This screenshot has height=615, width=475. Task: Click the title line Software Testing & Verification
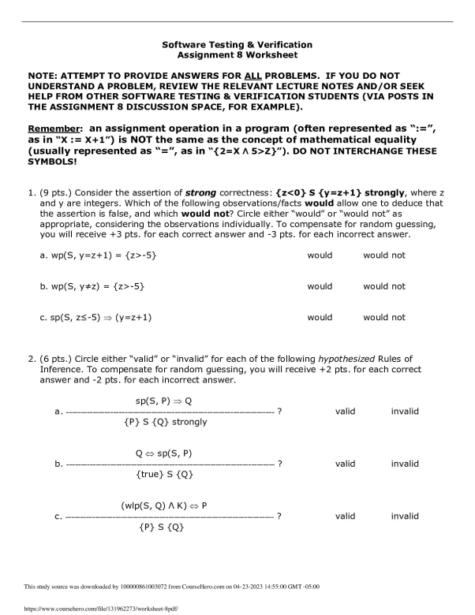point(237,45)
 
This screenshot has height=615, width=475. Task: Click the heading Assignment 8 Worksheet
point(237,56)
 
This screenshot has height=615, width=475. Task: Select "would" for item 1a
point(320,255)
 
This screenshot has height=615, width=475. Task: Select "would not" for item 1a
point(383,255)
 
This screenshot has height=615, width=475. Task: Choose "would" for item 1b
point(320,286)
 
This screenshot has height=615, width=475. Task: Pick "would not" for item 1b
point(383,286)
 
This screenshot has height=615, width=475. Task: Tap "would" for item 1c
point(320,318)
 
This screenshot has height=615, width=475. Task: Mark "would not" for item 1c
point(383,318)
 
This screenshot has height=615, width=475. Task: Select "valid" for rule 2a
point(345,411)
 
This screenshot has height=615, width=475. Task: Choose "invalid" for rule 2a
point(405,411)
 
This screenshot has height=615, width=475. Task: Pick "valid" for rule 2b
point(345,464)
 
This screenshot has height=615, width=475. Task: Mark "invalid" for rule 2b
point(405,464)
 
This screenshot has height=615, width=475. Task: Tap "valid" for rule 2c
point(345,516)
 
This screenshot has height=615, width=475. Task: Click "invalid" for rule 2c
point(405,516)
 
